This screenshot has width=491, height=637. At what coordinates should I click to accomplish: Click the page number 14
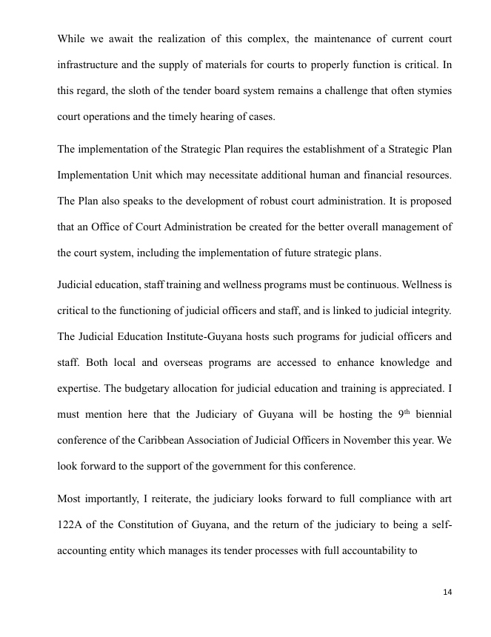[447, 591]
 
